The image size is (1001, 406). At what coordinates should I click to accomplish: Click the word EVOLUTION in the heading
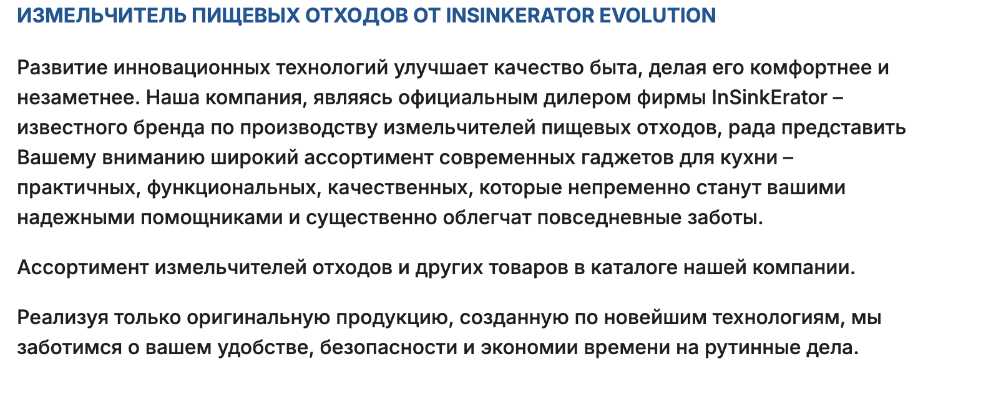pyautogui.click(x=657, y=16)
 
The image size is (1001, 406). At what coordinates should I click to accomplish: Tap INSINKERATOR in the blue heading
pyautogui.click(x=520, y=16)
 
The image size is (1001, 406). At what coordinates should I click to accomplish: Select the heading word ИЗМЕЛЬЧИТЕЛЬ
pyautogui.click(x=102, y=16)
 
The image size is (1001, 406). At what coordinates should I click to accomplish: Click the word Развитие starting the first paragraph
pyautogui.click(x=62, y=68)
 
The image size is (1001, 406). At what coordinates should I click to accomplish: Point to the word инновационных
pyautogui.click(x=192, y=68)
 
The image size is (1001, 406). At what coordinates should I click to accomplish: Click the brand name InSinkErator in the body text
pyautogui.click(x=769, y=97)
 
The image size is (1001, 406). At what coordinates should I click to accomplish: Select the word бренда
pyautogui.click(x=169, y=128)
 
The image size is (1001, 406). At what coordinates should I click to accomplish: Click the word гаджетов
pyautogui.click(x=627, y=158)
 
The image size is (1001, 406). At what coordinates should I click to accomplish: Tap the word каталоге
pyautogui.click(x=635, y=267)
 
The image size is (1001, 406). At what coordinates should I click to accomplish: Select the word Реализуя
pyautogui.click(x=62, y=318)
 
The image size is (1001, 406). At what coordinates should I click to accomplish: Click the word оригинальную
pyautogui.click(x=258, y=318)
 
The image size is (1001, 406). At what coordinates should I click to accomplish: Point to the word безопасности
pyautogui.click(x=388, y=347)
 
